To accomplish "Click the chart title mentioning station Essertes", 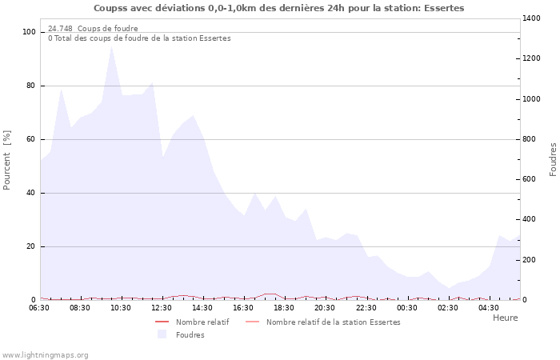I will click(x=278, y=8).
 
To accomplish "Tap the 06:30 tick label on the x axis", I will click(x=39, y=308).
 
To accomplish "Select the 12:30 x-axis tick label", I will click(x=162, y=308).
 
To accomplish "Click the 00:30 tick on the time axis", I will click(x=406, y=308).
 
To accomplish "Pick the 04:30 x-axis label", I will click(x=489, y=308).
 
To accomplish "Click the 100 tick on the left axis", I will click(x=30, y=32).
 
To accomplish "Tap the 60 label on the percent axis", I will click(x=31, y=139).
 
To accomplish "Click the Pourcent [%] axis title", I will click(x=7, y=159).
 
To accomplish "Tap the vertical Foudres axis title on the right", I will click(x=553, y=159).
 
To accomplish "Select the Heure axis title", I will click(x=505, y=318).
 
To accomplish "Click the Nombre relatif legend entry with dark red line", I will click(x=192, y=322).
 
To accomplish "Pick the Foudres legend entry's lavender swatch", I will click(x=162, y=334).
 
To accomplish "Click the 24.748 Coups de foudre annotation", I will click(x=93, y=29).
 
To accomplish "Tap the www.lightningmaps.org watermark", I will click(x=45, y=355).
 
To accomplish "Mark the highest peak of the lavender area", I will click(x=111, y=46).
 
